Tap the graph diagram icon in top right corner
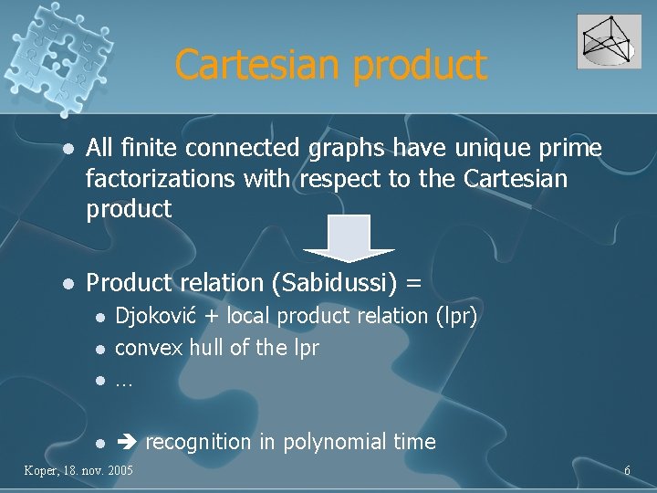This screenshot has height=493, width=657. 609,41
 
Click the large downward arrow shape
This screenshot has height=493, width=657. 349,238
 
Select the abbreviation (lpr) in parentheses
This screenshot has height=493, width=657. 456,316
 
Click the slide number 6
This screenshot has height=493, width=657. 627,470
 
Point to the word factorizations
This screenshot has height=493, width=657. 161,179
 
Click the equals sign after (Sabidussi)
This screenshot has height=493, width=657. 413,284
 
